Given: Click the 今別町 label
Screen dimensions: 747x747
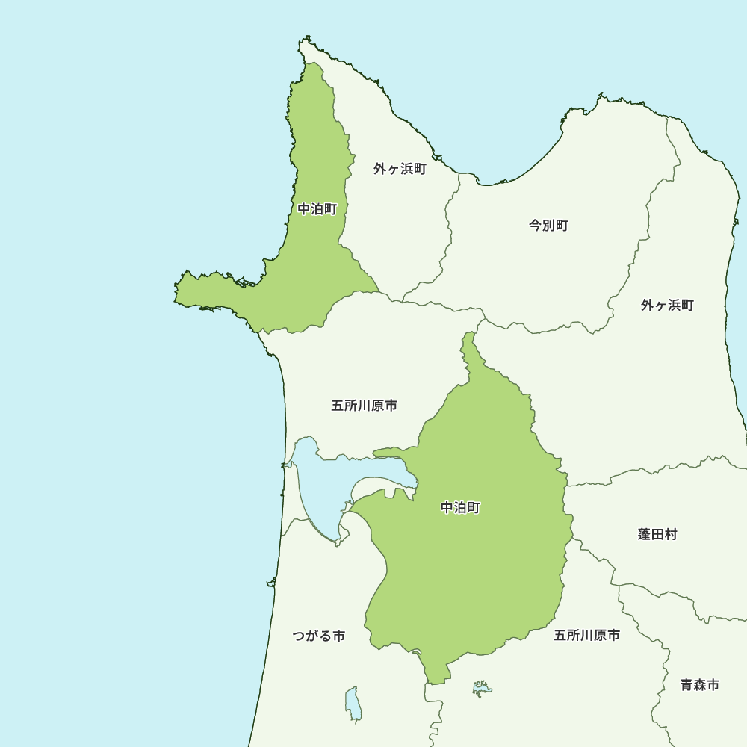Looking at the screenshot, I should pos(549,225).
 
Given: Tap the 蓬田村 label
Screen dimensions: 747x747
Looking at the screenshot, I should pos(657,534).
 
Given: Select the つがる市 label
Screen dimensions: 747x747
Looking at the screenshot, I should pos(319,636).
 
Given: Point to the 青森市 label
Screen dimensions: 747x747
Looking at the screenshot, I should pos(700,684).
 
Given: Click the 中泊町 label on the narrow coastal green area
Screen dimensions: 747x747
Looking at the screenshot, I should pos(317,209).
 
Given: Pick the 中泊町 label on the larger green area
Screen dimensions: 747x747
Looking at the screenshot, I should pos(461,508).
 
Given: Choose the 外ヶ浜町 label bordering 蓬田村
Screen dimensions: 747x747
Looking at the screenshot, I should pos(667,305).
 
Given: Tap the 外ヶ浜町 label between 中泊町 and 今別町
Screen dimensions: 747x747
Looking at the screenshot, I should pos(400,169).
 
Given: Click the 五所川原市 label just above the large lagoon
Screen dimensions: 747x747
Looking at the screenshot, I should pos(364,406).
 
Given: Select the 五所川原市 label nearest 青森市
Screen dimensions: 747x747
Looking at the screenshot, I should pos(586,636).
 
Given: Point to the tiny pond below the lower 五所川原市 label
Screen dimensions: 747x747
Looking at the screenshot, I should pos(483,689).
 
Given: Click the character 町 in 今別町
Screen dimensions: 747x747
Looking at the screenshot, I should pos(562,225).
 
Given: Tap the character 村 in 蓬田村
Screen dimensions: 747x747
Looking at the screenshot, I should pos(671,534).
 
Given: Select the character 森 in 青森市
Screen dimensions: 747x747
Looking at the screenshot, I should pos(700,684).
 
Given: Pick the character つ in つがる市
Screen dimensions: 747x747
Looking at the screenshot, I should pos(300,636).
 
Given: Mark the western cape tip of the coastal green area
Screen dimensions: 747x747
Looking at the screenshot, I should pos(177,294).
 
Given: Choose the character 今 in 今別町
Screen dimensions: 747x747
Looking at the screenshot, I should pos(536,225).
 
